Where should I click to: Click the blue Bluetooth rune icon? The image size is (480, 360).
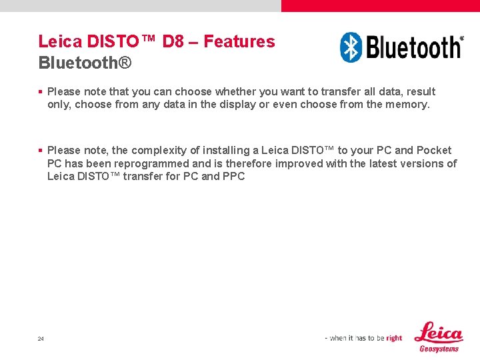tap(351, 47)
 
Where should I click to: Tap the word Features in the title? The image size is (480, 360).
tap(239, 41)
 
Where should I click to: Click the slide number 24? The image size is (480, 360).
tap(41, 339)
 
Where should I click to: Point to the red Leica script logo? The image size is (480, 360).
tap(438, 332)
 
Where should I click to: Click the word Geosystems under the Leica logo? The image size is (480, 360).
tap(439, 349)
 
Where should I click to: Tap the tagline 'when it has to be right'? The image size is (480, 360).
tap(364, 338)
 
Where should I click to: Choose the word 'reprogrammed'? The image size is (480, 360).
tap(152, 163)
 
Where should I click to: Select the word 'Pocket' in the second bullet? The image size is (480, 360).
tap(434, 151)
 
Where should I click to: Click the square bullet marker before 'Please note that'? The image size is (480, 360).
tap(41, 92)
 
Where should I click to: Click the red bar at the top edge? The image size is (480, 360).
tap(380, 5)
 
